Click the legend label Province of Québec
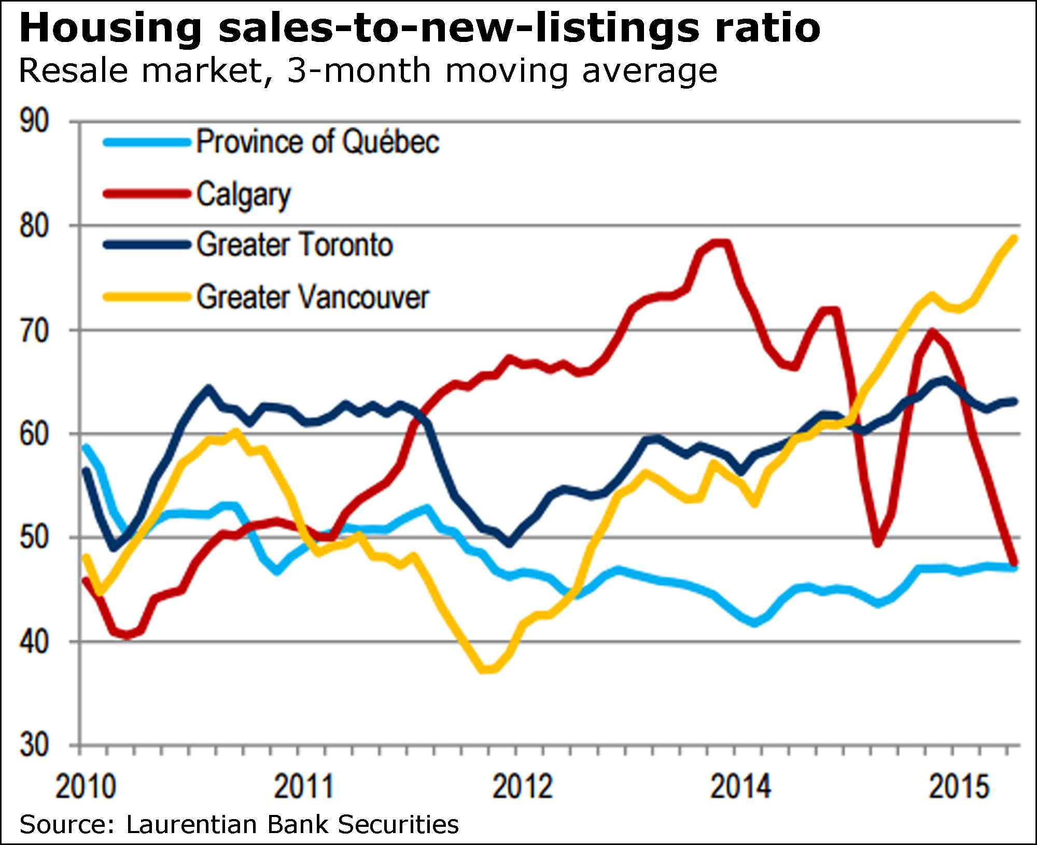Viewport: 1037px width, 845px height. [317, 142]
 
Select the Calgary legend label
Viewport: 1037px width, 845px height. [243, 195]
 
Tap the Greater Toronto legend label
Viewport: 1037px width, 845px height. [295, 245]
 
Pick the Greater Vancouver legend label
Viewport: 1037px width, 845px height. [313, 297]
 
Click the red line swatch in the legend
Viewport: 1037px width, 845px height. [147, 194]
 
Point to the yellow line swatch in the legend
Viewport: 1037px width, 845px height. [147, 297]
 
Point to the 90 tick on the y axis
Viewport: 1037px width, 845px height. [34, 122]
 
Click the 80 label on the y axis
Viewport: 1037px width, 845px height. [34, 226]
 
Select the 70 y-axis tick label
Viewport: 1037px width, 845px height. [34, 330]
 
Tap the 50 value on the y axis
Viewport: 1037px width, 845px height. [34, 538]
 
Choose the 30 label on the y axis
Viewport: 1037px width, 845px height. [34, 745]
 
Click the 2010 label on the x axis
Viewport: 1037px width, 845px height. [86, 787]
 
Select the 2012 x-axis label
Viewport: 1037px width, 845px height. [523, 787]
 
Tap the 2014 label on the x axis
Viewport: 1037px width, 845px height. [740, 787]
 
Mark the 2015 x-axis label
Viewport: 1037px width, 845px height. [959, 787]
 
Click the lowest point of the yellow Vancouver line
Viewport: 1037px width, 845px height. [487, 670]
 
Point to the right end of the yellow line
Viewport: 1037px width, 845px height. [1014, 238]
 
